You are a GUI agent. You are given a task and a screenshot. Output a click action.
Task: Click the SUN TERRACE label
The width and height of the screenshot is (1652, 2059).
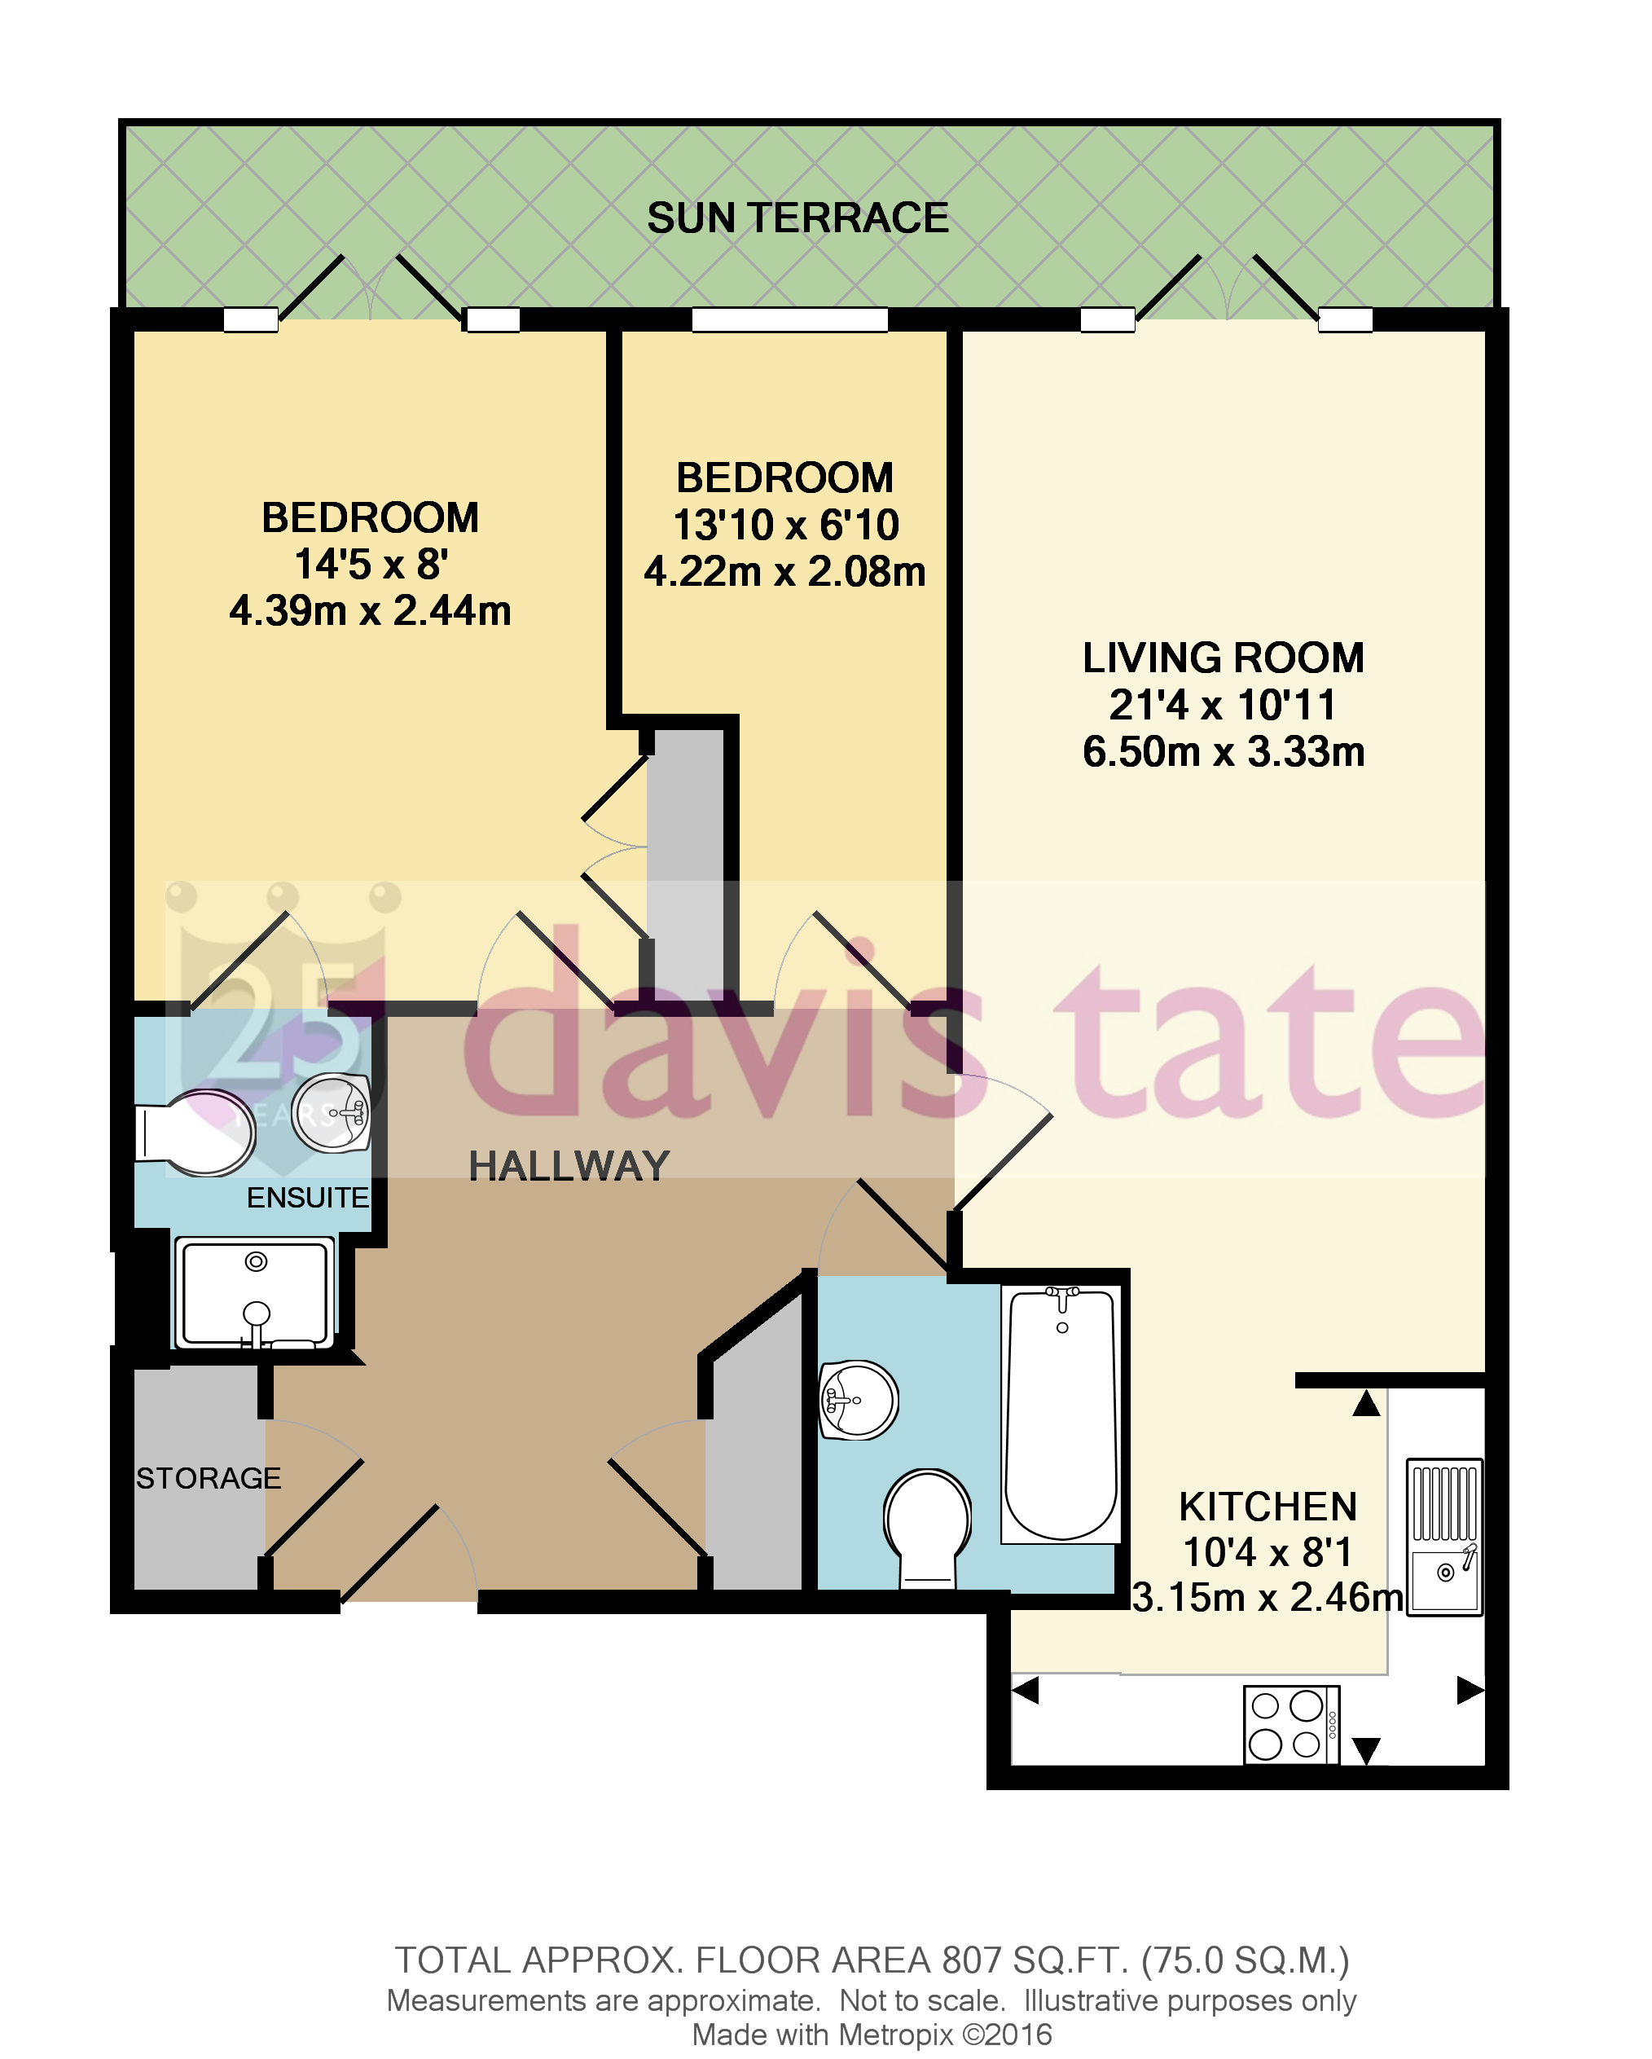[797, 218]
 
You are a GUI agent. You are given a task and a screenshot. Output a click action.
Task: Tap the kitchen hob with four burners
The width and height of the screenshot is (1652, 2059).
[1291, 1724]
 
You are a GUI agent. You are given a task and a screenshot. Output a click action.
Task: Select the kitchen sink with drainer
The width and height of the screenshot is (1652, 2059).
[1445, 1537]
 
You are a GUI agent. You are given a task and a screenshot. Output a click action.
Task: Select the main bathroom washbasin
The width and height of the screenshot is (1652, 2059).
[859, 1400]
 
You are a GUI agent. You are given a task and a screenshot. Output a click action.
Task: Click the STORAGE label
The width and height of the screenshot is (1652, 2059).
[209, 1478]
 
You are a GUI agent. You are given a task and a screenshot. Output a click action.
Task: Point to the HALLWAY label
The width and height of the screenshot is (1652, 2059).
[569, 1166]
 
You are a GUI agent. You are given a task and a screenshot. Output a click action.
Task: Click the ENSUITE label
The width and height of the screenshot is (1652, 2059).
[307, 1198]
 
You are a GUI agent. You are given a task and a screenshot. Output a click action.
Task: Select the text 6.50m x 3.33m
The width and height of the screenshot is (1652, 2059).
[1224, 751]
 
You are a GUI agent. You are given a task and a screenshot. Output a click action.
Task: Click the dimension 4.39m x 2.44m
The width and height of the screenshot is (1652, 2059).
[371, 611]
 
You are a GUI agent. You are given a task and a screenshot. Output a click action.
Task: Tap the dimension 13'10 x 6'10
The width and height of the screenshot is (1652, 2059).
[786, 526]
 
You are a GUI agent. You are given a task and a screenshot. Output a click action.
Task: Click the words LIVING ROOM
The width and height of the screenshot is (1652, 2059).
[1224, 658]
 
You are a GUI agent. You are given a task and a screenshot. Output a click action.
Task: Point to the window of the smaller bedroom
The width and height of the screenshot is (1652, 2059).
[789, 320]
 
